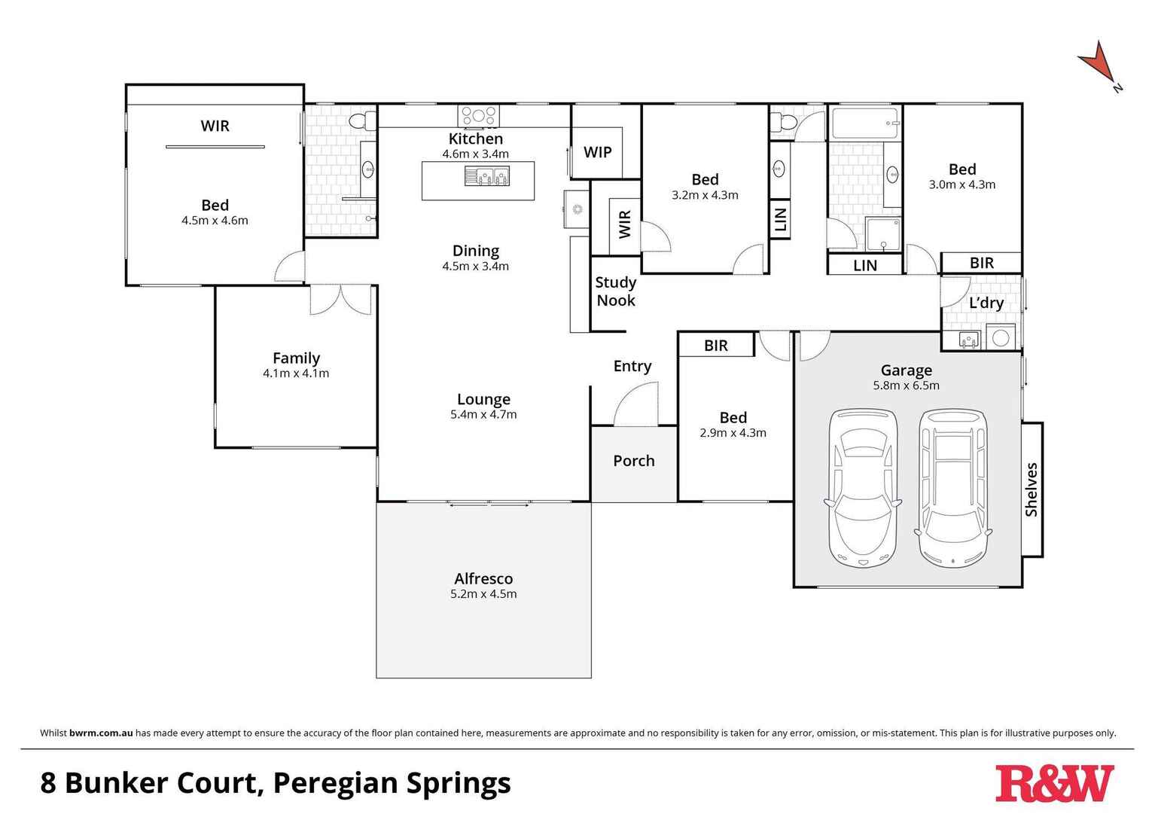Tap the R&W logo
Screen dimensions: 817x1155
click(1054, 784)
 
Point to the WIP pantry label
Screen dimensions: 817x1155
click(598, 152)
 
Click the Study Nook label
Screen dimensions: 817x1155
click(616, 291)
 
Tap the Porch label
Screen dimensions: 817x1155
click(633, 461)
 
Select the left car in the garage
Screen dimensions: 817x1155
click(862, 488)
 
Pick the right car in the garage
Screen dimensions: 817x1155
click(953, 488)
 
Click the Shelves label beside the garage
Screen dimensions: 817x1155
click(1032, 489)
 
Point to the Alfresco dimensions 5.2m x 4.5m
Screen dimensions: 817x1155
click(483, 594)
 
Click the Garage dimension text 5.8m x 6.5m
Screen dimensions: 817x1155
click(906, 386)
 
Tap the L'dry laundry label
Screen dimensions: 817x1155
click(986, 303)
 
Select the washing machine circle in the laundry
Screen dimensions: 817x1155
click(1001, 338)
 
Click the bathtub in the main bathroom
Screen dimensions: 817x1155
click(864, 123)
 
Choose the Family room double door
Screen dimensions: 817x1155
click(341, 300)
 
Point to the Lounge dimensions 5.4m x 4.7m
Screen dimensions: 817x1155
click(483, 415)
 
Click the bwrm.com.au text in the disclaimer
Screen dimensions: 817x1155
click(101, 733)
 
